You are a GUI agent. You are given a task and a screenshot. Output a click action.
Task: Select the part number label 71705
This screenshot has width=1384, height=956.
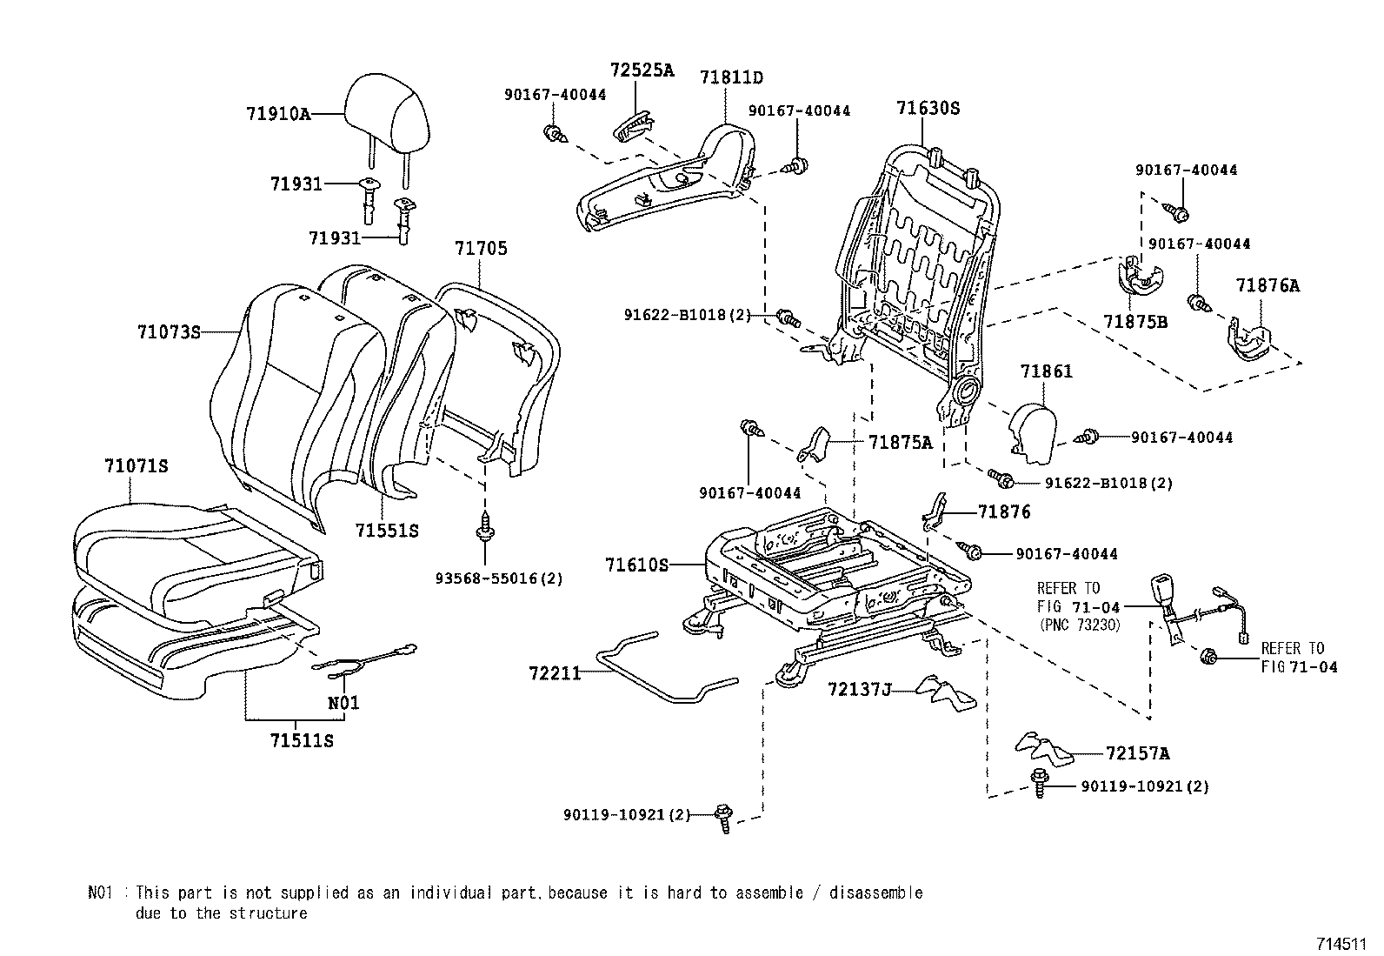coord(481,249)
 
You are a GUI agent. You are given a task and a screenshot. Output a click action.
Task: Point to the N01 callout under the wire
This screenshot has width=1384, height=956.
coord(343,703)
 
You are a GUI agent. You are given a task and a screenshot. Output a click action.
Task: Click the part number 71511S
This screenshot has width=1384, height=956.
coord(302,741)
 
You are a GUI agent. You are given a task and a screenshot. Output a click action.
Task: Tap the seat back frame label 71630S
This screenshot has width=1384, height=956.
coord(928,109)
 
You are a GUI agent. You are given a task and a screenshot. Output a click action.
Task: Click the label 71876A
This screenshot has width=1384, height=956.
coord(1268,285)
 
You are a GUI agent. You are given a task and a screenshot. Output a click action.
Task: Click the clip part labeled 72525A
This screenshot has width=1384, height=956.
coord(633,127)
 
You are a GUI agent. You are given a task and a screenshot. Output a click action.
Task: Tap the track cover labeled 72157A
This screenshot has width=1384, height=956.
coord(1041,746)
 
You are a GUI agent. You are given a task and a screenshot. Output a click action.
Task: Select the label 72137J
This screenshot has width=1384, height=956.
coord(860,689)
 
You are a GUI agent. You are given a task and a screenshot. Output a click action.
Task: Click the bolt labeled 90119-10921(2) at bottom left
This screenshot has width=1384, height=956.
coord(722,818)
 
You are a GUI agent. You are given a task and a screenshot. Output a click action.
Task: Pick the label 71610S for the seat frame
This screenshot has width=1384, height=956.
coord(636,565)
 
